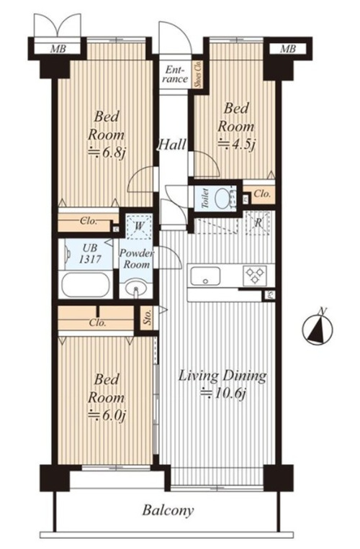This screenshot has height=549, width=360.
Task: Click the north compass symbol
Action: [318, 329]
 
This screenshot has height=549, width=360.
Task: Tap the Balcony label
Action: [168, 510]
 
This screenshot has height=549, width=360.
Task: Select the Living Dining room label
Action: [222, 384]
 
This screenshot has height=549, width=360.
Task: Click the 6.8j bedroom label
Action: [107, 135]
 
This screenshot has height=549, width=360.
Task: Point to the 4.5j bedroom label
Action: [236, 127]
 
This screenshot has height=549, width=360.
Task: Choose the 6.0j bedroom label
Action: [107, 398]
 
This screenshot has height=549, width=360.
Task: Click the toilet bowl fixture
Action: [222, 199]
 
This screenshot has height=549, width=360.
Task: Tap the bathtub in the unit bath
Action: [86, 284]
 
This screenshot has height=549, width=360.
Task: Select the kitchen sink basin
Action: [205, 276]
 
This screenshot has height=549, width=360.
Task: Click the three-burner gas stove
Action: [255, 275]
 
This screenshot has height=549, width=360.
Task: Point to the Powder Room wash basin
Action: [136, 289]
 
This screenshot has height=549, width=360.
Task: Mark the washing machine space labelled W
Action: [139, 226]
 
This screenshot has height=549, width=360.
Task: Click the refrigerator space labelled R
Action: [258, 222]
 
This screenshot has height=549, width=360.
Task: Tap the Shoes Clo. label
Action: [198, 75]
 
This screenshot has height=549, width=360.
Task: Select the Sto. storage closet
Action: [147, 318]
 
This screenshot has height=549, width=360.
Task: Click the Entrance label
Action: [174, 74]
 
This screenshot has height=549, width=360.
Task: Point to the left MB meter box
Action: [58, 49]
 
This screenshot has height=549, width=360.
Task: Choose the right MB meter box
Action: [288, 49]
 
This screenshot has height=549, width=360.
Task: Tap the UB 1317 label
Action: [90, 253]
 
